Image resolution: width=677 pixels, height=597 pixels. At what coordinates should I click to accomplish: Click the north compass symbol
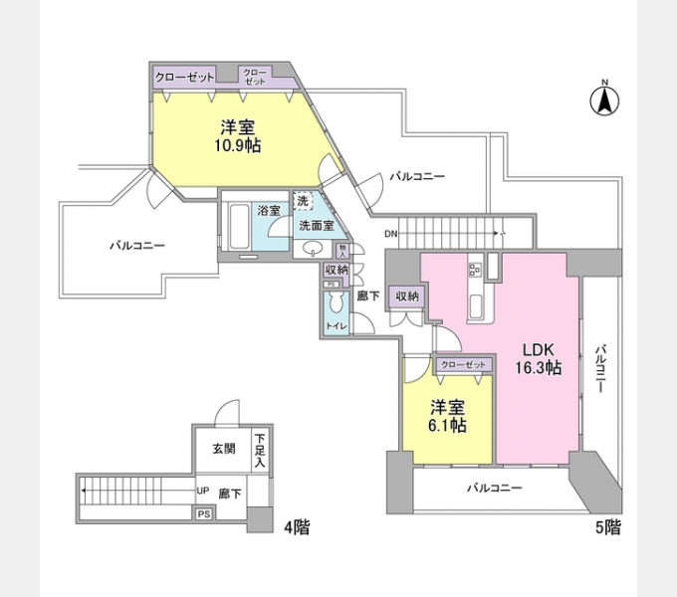(x=603, y=99)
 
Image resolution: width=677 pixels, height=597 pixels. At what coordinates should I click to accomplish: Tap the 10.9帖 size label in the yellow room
(x=238, y=145)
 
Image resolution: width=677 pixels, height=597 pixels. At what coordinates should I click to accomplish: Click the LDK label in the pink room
(x=538, y=350)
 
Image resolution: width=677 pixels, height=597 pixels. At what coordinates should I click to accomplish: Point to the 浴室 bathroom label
(x=268, y=211)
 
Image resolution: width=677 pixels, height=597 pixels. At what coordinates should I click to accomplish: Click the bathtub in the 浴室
(x=239, y=229)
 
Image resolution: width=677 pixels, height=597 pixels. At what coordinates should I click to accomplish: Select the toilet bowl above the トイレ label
(x=336, y=302)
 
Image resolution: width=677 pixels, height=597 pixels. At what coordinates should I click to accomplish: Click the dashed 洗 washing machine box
(x=303, y=202)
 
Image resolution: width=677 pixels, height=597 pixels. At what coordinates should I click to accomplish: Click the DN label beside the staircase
(x=391, y=235)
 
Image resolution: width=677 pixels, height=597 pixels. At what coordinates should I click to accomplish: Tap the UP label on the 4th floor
(x=202, y=492)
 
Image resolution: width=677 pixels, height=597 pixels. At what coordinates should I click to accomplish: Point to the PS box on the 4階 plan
(x=204, y=513)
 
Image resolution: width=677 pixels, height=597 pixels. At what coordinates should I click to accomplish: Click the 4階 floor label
(x=297, y=526)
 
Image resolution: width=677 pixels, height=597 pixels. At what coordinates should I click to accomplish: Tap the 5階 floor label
(x=607, y=526)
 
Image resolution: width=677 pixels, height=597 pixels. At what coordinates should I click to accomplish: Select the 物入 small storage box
(x=341, y=251)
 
